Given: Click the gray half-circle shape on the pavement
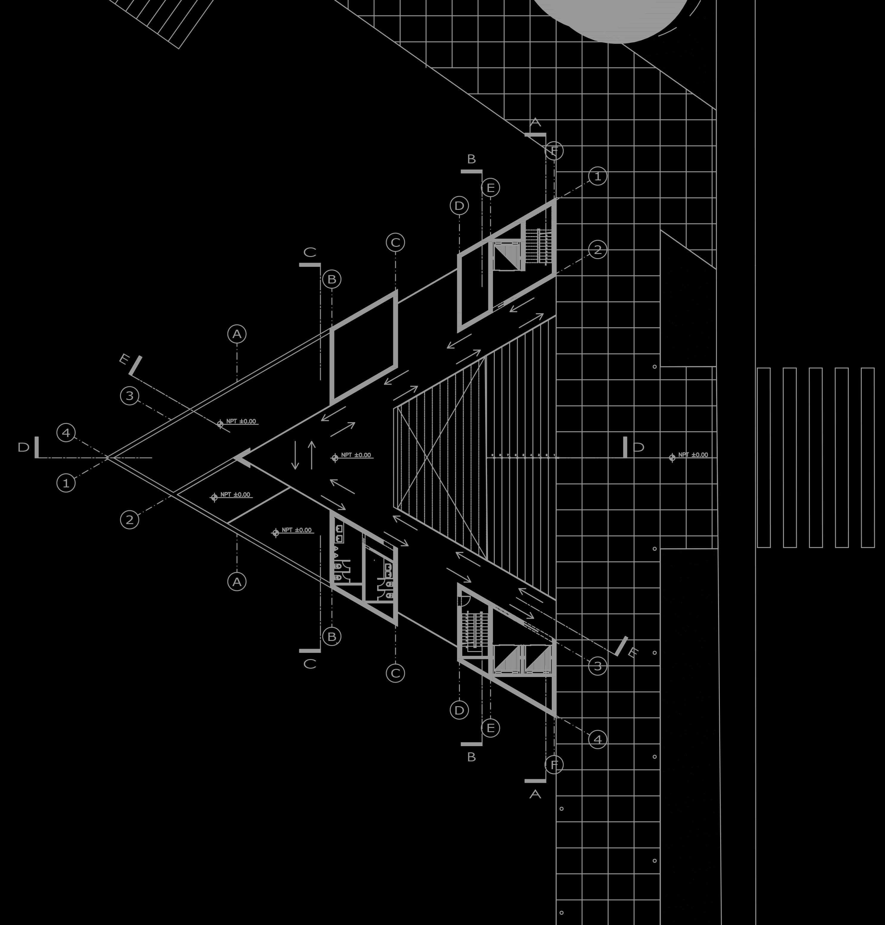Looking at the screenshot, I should point(613,19).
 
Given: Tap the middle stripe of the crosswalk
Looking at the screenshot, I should point(816,458).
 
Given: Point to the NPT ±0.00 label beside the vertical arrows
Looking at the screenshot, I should point(356,455).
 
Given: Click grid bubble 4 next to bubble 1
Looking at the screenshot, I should point(66,433).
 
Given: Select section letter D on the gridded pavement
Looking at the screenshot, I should point(638,447).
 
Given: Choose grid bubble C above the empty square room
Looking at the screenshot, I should point(395,242).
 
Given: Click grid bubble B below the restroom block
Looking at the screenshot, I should point(332,636).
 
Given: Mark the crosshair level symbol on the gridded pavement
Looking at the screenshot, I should point(672,458).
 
